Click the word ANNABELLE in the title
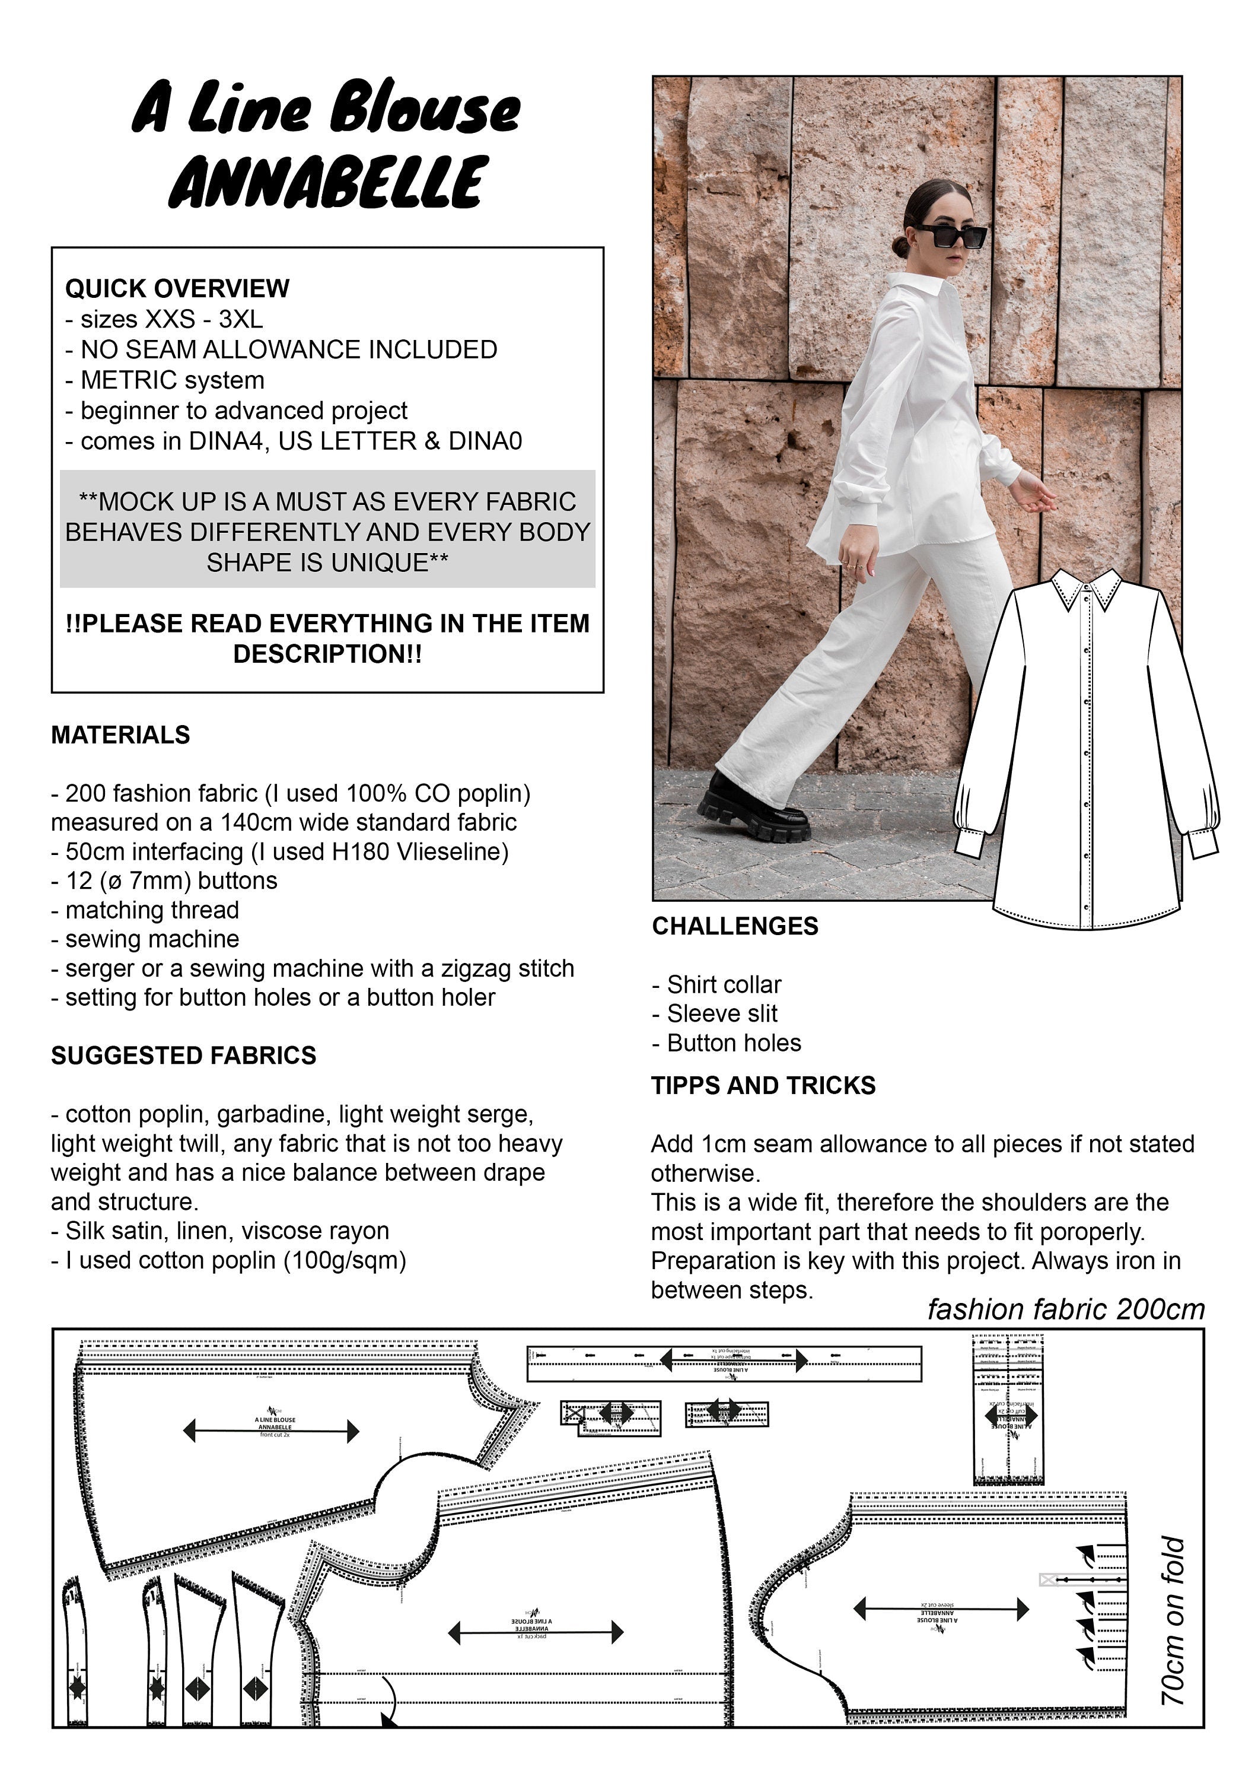(329, 182)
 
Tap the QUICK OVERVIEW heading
(177, 288)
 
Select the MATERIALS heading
(120, 735)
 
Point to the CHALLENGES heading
(735, 926)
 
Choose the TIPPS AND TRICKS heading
(763, 1085)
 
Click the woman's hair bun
(902, 247)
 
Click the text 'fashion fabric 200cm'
(1066, 1309)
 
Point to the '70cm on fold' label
(1174, 1620)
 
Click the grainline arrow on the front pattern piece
(271, 1431)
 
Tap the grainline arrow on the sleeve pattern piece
(940, 1610)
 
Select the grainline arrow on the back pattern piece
(536, 1633)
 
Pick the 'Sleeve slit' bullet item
(722, 1013)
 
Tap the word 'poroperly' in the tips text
(1091, 1231)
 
